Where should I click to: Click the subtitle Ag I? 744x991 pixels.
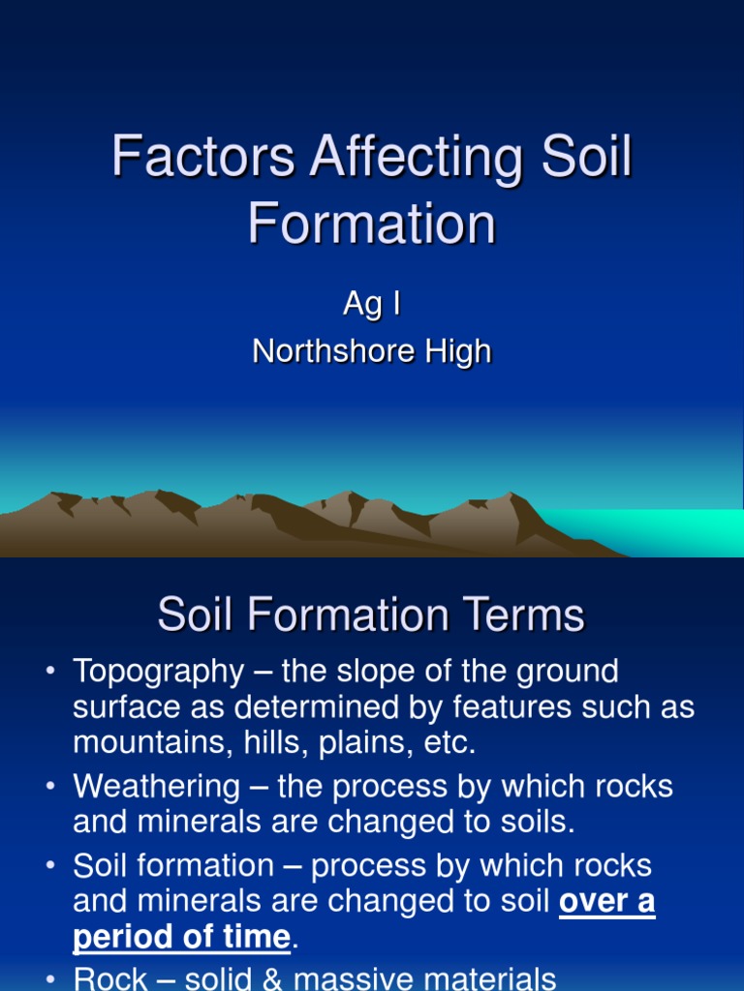click(372, 304)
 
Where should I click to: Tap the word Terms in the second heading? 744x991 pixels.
click(523, 615)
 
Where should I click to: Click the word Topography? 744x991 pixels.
click(158, 671)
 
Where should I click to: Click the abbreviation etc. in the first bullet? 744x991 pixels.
click(449, 743)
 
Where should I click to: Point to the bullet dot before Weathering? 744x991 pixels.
click(50, 787)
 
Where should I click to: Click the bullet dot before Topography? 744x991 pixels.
click(50, 671)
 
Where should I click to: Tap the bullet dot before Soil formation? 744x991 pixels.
click(50, 866)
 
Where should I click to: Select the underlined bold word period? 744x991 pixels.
click(120, 937)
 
